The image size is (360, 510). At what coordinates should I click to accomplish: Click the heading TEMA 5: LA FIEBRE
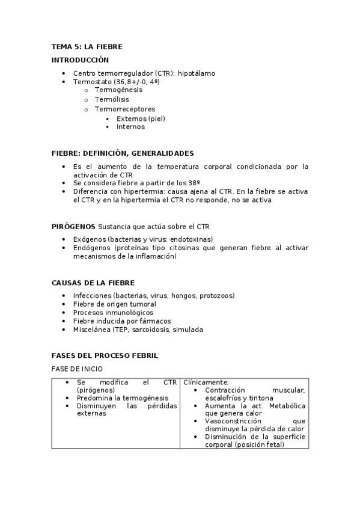click(x=87, y=46)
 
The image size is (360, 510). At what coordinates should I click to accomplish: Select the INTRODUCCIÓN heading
click(x=80, y=60)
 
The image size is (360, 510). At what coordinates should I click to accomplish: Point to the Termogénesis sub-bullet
click(x=118, y=90)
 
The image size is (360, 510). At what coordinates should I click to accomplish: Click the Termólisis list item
click(x=112, y=99)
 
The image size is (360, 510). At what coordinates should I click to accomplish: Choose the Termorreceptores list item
click(x=124, y=109)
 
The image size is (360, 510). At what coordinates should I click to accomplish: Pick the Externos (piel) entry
click(x=141, y=118)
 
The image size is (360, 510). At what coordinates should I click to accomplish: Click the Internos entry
click(x=130, y=127)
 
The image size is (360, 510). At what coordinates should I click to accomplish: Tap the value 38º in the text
click(x=194, y=183)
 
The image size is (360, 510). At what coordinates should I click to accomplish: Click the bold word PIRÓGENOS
click(x=73, y=226)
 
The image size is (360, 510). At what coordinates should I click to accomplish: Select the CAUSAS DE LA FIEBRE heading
click(x=93, y=283)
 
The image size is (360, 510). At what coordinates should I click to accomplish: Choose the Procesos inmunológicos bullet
click(x=113, y=313)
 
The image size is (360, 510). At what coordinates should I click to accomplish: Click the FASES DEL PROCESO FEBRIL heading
click(x=105, y=355)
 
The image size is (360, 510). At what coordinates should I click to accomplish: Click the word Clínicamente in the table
click(x=206, y=382)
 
